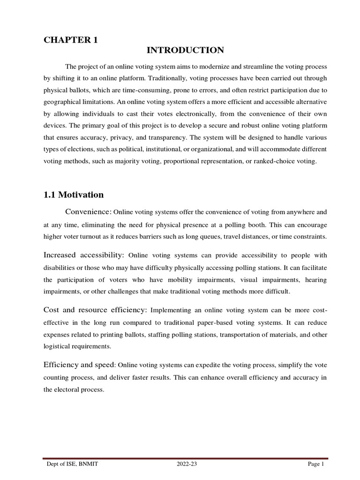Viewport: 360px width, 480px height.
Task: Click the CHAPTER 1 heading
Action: click(x=71, y=40)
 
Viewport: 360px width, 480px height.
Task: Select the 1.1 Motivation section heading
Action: click(x=74, y=194)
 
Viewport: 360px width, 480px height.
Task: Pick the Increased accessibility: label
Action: click(x=84, y=255)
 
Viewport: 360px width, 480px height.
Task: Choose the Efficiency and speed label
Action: click(x=79, y=365)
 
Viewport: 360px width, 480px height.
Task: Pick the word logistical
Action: click(x=57, y=346)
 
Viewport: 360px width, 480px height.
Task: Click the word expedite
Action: click(x=191, y=366)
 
